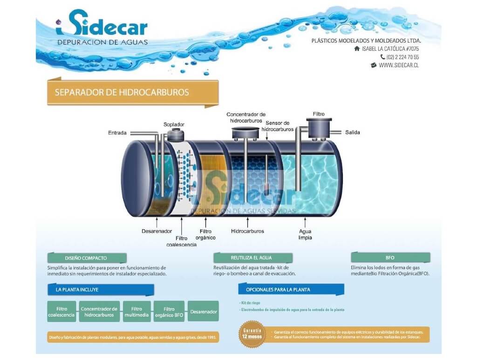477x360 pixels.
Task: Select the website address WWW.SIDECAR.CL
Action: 398,66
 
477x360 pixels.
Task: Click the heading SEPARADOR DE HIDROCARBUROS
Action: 122,92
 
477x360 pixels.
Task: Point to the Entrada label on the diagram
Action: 117,133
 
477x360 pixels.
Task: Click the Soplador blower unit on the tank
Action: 175,135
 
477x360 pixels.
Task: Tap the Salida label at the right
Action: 353,132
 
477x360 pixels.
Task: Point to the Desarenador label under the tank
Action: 157,231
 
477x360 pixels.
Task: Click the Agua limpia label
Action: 306,234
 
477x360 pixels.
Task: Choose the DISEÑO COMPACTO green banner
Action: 87,258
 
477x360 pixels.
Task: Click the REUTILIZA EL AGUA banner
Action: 253,258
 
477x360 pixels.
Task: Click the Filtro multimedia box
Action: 136,312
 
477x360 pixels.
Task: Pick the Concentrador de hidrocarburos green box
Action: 99,312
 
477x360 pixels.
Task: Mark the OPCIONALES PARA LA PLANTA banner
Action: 291,290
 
